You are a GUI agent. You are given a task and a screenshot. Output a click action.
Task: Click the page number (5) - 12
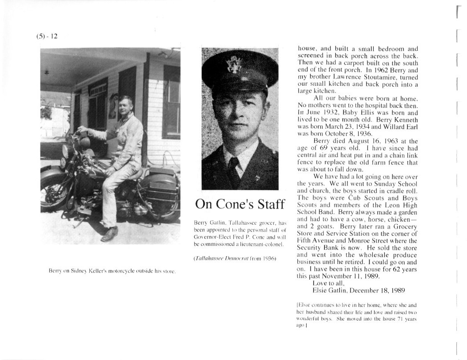pyautogui.click(x=47, y=36)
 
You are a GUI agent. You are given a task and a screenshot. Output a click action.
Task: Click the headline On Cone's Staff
pyautogui.click(x=239, y=204)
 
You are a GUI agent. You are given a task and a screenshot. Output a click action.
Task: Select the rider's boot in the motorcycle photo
pyautogui.click(x=109, y=234)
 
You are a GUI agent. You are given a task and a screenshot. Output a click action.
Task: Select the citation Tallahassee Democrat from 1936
pyautogui.click(x=235, y=258)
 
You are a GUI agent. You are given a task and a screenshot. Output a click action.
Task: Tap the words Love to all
pyautogui.click(x=331, y=283)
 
